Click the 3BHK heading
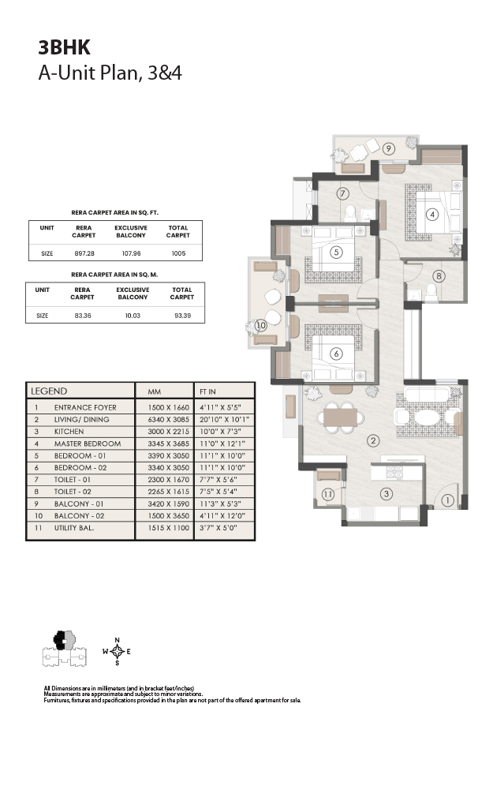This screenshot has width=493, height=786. point(64,47)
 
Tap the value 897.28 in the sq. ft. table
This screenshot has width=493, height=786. point(84,253)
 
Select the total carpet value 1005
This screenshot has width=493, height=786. point(178,253)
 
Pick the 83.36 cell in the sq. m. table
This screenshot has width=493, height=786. point(83,316)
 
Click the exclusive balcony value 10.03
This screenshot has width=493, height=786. point(133,316)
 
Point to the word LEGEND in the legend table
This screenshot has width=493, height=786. point(49,391)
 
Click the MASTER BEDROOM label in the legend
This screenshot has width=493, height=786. point(88,444)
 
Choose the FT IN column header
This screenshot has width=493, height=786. point(207,391)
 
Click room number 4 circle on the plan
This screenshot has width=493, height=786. point(432,215)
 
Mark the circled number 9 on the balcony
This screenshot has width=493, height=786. point(388,148)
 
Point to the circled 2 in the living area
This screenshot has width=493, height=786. point(372,441)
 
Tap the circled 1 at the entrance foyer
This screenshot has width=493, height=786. point(447,500)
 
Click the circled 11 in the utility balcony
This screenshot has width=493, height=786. point(327,495)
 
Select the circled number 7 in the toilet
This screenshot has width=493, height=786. point(342,193)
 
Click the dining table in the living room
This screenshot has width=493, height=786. point(340,417)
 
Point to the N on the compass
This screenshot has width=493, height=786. point(118,640)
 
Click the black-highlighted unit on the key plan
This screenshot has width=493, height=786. point(60,640)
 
